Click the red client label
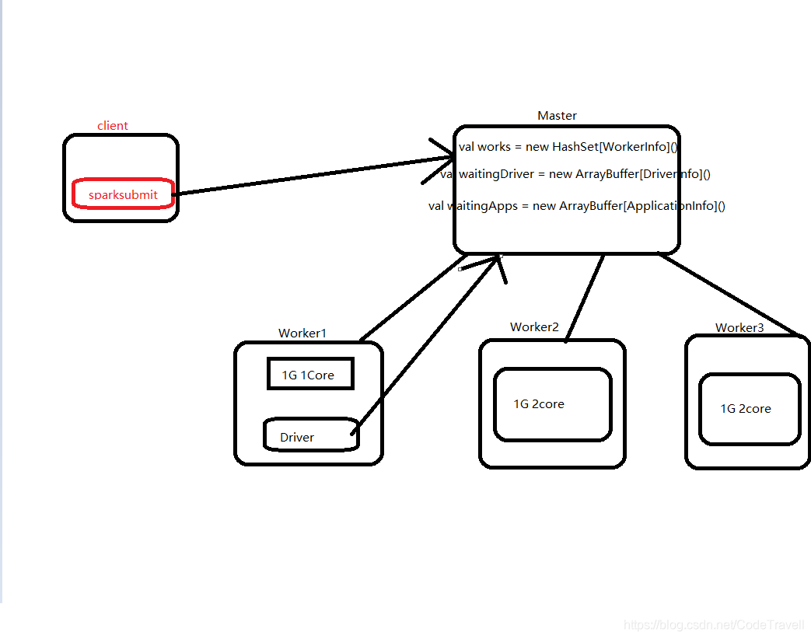click(113, 126)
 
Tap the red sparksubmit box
click(122, 194)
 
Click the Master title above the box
click(557, 116)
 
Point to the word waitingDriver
click(495, 174)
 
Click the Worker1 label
click(302, 333)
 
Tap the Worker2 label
click(534, 327)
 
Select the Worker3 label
click(739, 328)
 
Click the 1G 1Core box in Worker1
click(310, 374)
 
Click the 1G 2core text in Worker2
click(538, 404)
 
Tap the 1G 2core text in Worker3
click(745, 409)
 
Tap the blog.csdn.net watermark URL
click(714, 625)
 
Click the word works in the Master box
click(494, 147)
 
